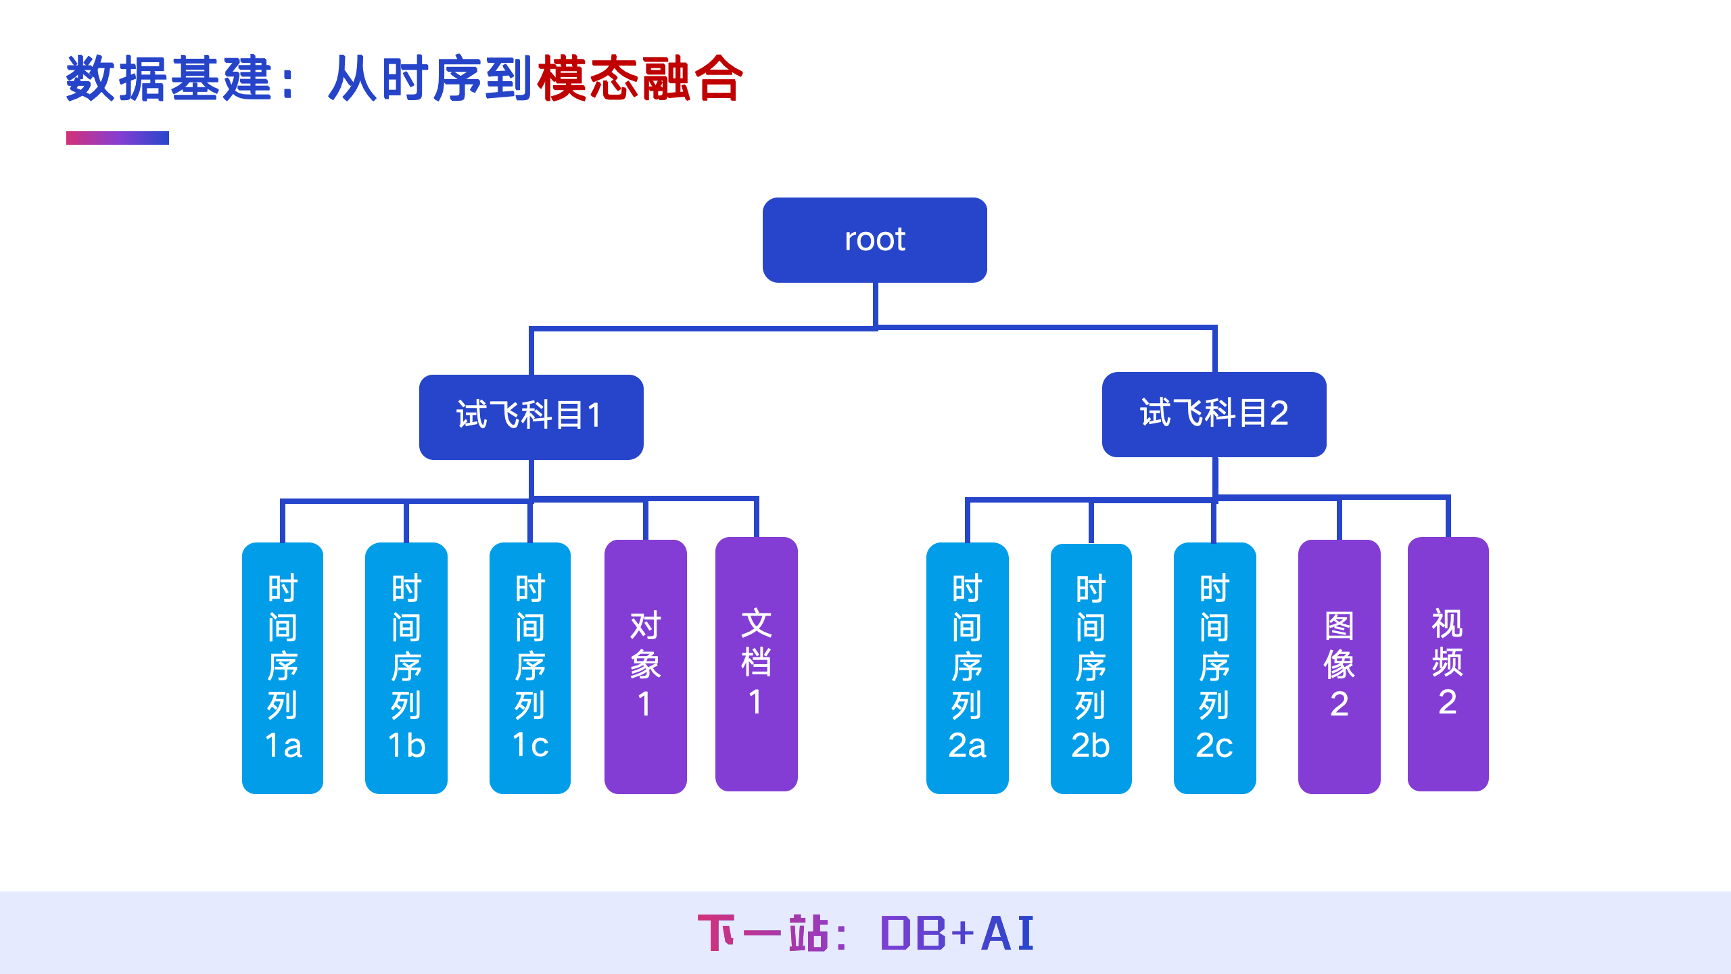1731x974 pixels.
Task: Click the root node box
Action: pos(874,240)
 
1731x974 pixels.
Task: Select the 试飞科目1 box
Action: pos(531,417)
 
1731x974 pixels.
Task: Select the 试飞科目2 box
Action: pos(1214,414)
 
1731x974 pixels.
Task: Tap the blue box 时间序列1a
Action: pos(283,668)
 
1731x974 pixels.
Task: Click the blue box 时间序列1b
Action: pos(406,668)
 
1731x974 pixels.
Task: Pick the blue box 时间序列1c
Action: pos(529,668)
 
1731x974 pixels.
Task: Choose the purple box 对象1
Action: pos(645,666)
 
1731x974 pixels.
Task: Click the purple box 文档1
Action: pos(756,664)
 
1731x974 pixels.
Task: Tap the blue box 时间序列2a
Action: pos(967,668)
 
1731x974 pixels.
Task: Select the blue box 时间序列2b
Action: pos(1091,668)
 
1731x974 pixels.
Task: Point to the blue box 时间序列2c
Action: pos(1214,668)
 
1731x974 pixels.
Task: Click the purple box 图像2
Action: pos(1339,666)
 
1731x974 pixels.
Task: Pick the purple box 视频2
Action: pos(1448,664)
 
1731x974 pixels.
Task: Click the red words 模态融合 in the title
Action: pos(640,79)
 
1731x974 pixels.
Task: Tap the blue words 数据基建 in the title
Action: pos(169,79)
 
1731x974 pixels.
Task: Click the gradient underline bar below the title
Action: pos(117,138)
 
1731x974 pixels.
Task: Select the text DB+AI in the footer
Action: pos(957,934)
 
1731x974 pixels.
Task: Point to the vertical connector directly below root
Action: pos(875,304)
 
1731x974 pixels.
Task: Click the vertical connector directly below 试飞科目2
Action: pos(1215,476)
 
